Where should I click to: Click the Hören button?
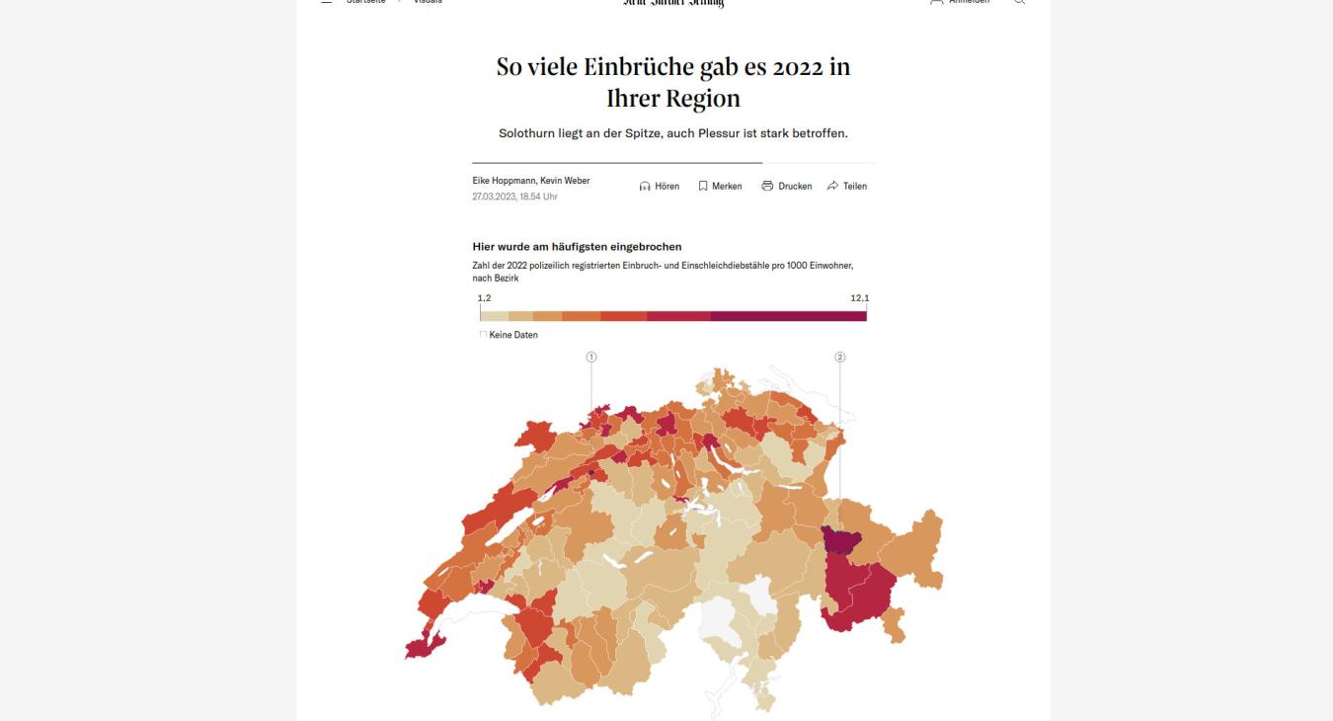pyautogui.click(x=660, y=186)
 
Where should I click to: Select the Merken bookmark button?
pyautogui.click(x=720, y=186)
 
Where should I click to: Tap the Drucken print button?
pyautogui.click(x=786, y=186)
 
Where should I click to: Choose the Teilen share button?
pyautogui.click(x=847, y=186)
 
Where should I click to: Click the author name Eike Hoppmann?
pyautogui.click(x=504, y=181)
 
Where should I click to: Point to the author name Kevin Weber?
pyautogui.click(x=565, y=181)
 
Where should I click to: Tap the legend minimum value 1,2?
pyautogui.click(x=484, y=298)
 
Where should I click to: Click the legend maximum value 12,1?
pyautogui.click(x=859, y=298)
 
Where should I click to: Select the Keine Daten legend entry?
pyautogui.click(x=511, y=335)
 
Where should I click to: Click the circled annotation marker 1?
pyautogui.click(x=590, y=358)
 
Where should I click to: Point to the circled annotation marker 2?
pyautogui.click(x=840, y=358)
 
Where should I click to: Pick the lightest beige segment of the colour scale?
pyautogui.click(x=494, y=316)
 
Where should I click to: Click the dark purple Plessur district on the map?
pyautogui.click(x=840, y=540)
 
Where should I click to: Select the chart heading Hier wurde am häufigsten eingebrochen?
pyautogui.click(x=577, y=247)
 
